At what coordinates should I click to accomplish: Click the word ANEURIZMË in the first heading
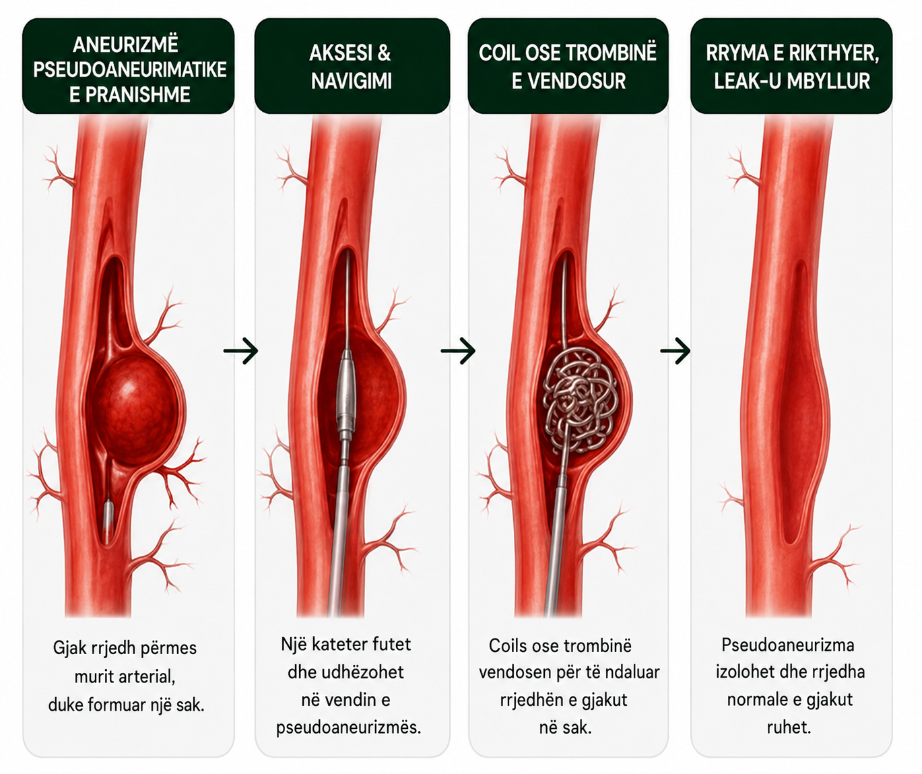[x=125, y=44]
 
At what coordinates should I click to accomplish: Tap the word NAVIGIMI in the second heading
[x=352, y=82]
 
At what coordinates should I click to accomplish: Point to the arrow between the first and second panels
[x=240, y=351]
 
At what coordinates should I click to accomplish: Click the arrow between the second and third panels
[x=458, y=351]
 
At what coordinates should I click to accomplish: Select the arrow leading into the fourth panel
[x=675, y=351]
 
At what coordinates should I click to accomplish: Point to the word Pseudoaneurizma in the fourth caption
[x=788, y=645]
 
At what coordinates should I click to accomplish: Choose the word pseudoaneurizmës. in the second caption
[x=348, y=728]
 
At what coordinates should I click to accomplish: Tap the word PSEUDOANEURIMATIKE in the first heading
[x=130, y=69]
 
